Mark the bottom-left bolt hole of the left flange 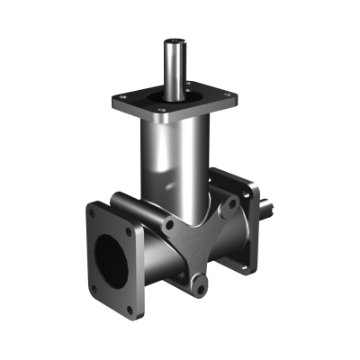(x=94, y=287)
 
